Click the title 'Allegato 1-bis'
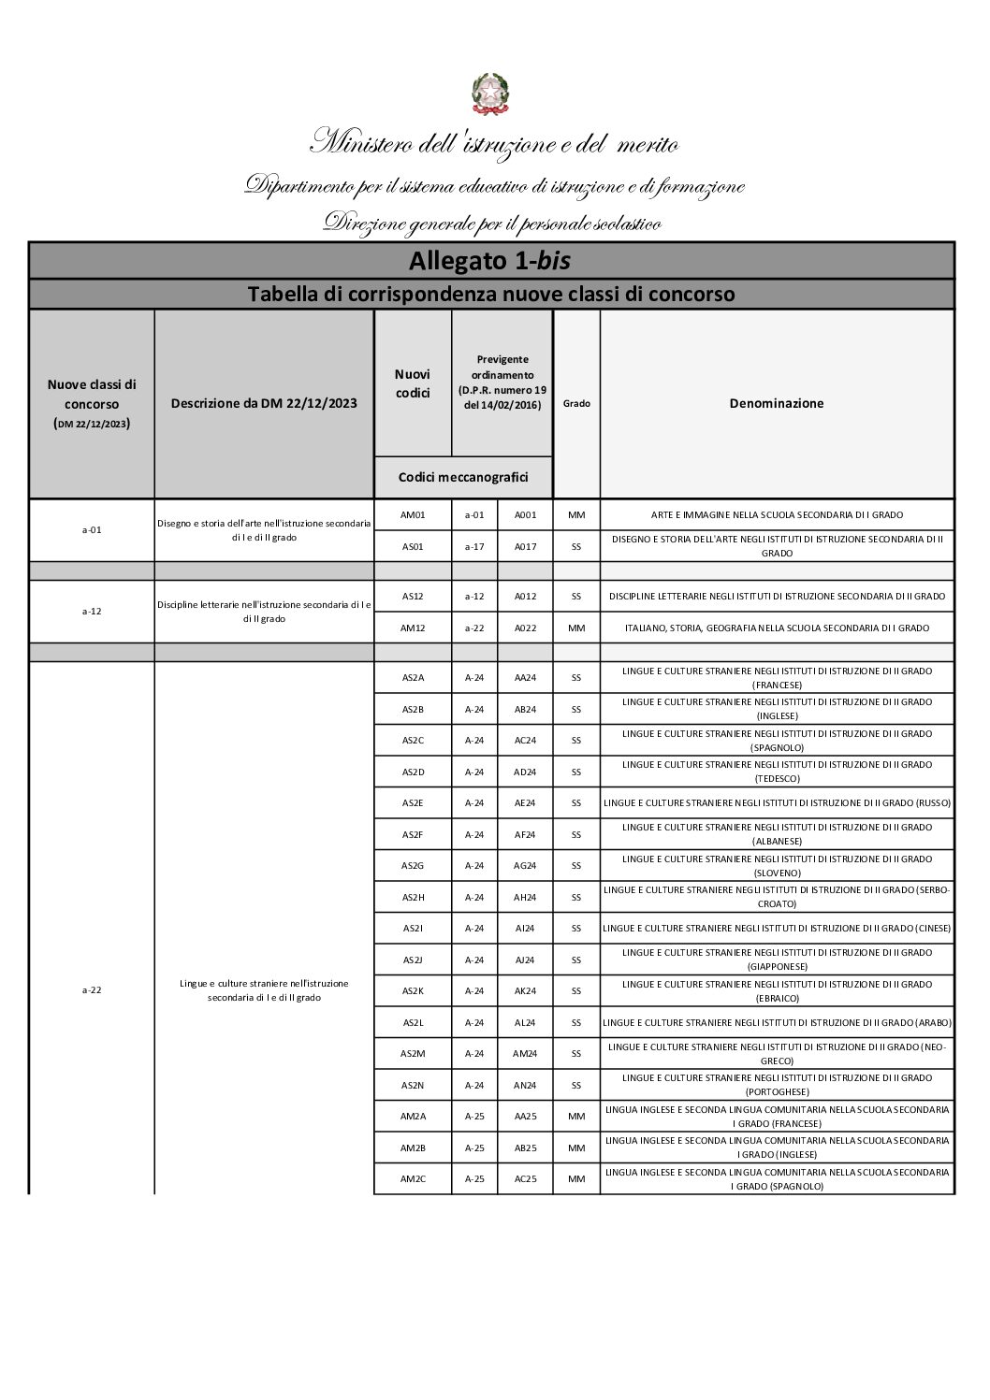tap(490, 259)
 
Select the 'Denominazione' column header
tap(776, 404)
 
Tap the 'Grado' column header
tap(576, 404)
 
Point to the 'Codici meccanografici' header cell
tap(463, 477)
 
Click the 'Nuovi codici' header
tap(413, 383)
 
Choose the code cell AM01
tap(413, 515)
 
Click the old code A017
tap(525, 546)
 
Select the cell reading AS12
tap(413, 596)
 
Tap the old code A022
tap(525, 628)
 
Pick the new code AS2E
tap(413, 802)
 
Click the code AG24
tap(525, 865)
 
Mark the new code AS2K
tap(413, 990)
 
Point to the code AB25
tap(525, 1147)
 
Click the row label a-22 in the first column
tap(92, 990)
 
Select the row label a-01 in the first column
tap(92, 530)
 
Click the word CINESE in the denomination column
tap(932, 929)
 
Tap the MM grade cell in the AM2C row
tap(576, 1179)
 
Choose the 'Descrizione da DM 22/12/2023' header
tap(264, 404)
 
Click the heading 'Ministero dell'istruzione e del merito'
tap(494, 144)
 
